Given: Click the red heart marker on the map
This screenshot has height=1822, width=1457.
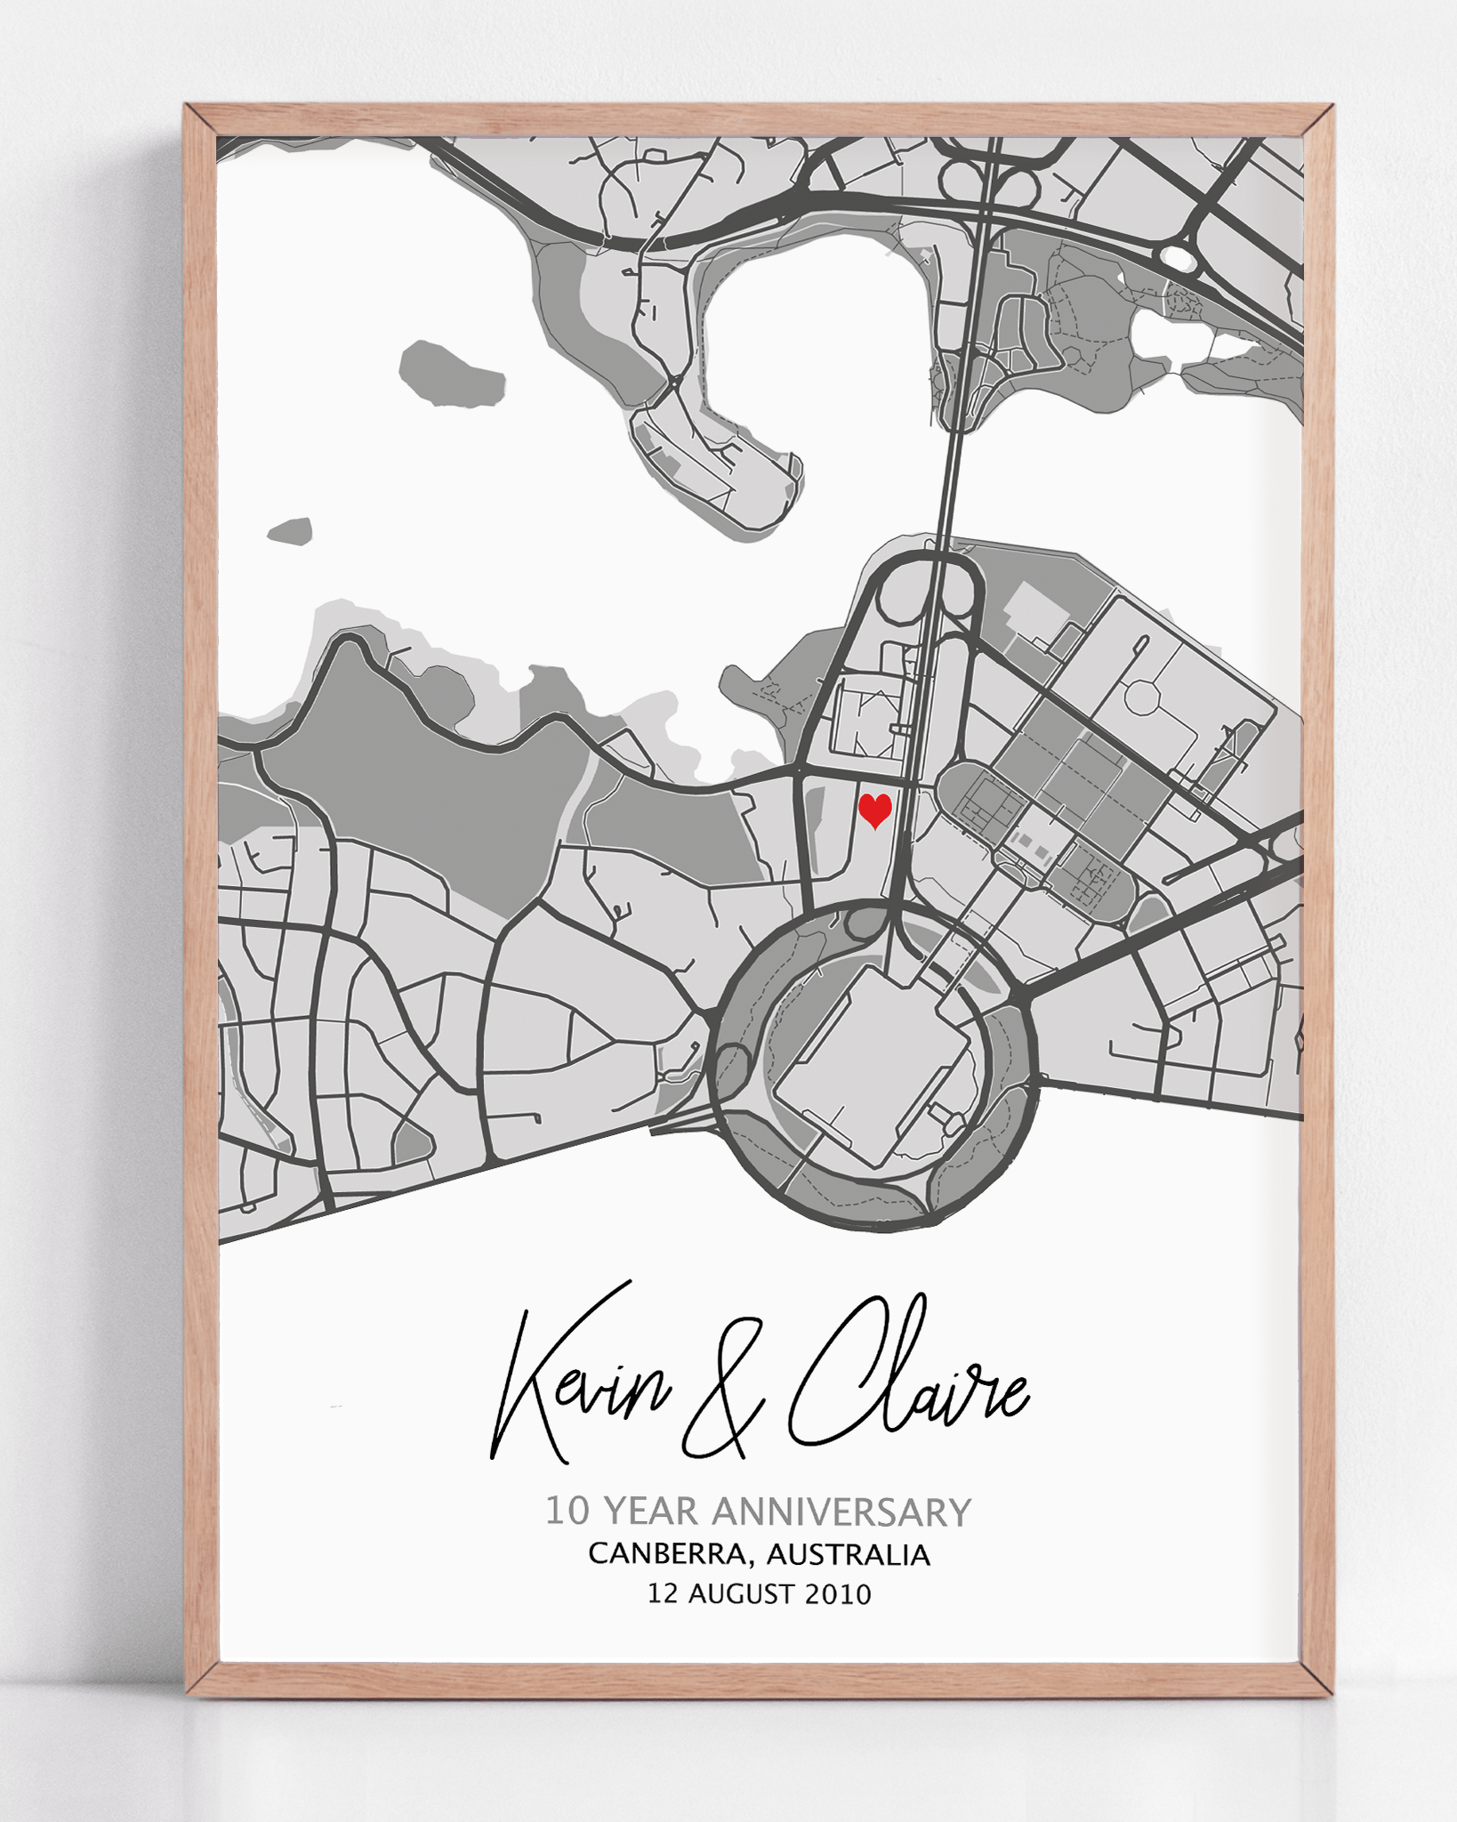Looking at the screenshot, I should coord(875,810).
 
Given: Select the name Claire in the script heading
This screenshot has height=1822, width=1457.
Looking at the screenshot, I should coord(907,1375).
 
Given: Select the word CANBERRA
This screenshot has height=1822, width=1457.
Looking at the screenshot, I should coord(667,1554).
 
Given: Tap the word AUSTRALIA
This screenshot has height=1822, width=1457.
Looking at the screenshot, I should coord(848,1554).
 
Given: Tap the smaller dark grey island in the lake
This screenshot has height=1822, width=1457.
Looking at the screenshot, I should coord(291,532).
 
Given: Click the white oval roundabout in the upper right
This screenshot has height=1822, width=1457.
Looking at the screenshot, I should coord(1179,258).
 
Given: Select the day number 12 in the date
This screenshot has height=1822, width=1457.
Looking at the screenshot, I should coord(663,1593).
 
